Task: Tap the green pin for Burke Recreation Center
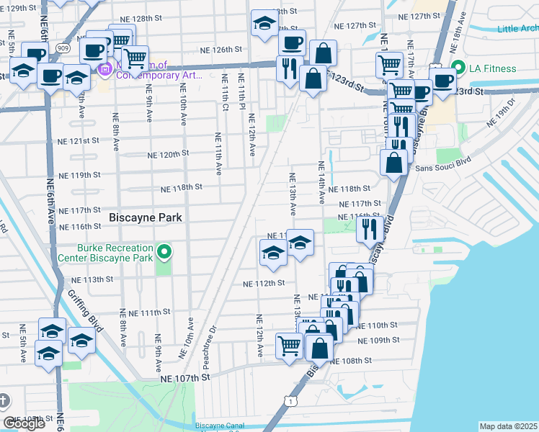[165, 251]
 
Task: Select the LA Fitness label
[493, 68]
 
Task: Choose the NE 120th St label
[168, 154]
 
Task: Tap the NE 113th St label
[94, 279]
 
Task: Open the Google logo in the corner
[24, 423]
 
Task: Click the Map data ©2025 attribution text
[508, 426]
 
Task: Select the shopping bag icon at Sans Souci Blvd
[394, 163]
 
